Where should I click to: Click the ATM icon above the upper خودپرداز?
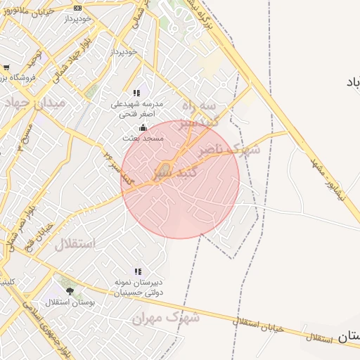[x=77, y=8]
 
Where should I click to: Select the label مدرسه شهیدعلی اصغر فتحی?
[x=137, y=108]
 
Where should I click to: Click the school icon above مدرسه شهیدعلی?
[x=137, y=93]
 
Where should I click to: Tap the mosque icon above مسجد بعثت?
[x=143, y=128]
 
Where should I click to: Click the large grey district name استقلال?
[x=75, y=245]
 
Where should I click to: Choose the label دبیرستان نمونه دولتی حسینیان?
[x=138, y=287]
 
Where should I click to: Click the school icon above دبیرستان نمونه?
[x=138, y=271]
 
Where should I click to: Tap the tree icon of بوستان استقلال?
[x=69, y=290]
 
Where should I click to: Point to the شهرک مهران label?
[x=166, y=318]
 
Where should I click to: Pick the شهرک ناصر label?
[x=228, y=150]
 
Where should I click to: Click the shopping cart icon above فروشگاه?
[x=6, y=68]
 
